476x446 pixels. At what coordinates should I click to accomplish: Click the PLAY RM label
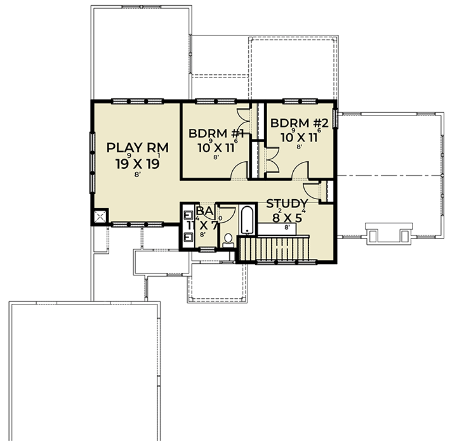pyautogui.click(x=136, y=148)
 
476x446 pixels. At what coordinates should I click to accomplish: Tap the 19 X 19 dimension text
pyautogui.click(x=136, y=164)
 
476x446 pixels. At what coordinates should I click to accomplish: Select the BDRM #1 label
pyautogui.click(x=217, y=133)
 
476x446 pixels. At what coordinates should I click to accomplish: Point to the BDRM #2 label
pyautogui.click(x=298, y=123)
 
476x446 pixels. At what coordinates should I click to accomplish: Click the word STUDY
pyautogui.click(x=287, y=204)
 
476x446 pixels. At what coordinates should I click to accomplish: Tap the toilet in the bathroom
pyautogui.click(x=228, y=239)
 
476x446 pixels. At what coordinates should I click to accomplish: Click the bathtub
pyautogui.click(x=246, y=221)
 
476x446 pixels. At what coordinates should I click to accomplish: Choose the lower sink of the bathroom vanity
pyautogui.click(x=188, y=238)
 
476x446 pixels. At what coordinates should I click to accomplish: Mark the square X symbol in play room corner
pyautogui.click(x=100, y=217)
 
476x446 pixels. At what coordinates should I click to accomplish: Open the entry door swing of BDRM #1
pyautogui.click(x=239, y=171)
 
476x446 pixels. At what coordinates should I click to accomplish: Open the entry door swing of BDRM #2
pyautogui.click(x=300, y=170)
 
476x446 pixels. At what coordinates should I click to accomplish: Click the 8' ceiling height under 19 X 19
pyautogui.click(x=137, y=175)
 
